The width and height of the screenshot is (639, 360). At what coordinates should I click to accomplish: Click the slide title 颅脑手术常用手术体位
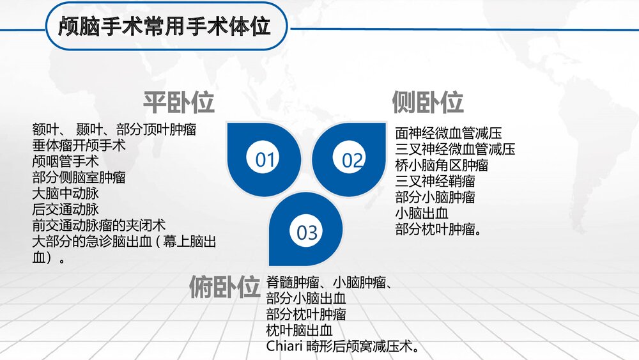164,26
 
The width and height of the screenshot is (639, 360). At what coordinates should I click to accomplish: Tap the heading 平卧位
178,102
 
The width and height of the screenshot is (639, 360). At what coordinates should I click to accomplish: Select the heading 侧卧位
427,102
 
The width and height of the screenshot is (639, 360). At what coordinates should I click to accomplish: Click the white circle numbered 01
265,160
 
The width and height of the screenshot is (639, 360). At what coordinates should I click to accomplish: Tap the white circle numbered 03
307,232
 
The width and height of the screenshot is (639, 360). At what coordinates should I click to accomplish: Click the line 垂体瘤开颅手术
79,145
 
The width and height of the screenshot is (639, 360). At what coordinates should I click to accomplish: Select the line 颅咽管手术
65,161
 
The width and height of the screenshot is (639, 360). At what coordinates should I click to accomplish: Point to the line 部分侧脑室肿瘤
79,177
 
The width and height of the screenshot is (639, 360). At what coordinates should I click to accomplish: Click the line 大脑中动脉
65,193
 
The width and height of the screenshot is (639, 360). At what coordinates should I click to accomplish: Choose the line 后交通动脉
65,209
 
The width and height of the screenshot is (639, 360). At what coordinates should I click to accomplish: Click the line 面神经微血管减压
449,134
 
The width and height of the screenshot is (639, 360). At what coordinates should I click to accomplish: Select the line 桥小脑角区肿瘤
442,166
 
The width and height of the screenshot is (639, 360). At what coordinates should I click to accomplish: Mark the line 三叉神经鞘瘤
435,182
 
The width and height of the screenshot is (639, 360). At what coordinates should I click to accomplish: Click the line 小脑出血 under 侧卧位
422,214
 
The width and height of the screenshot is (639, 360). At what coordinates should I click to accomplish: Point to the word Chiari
284,347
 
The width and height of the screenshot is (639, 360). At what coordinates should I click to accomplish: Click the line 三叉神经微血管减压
455,150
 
